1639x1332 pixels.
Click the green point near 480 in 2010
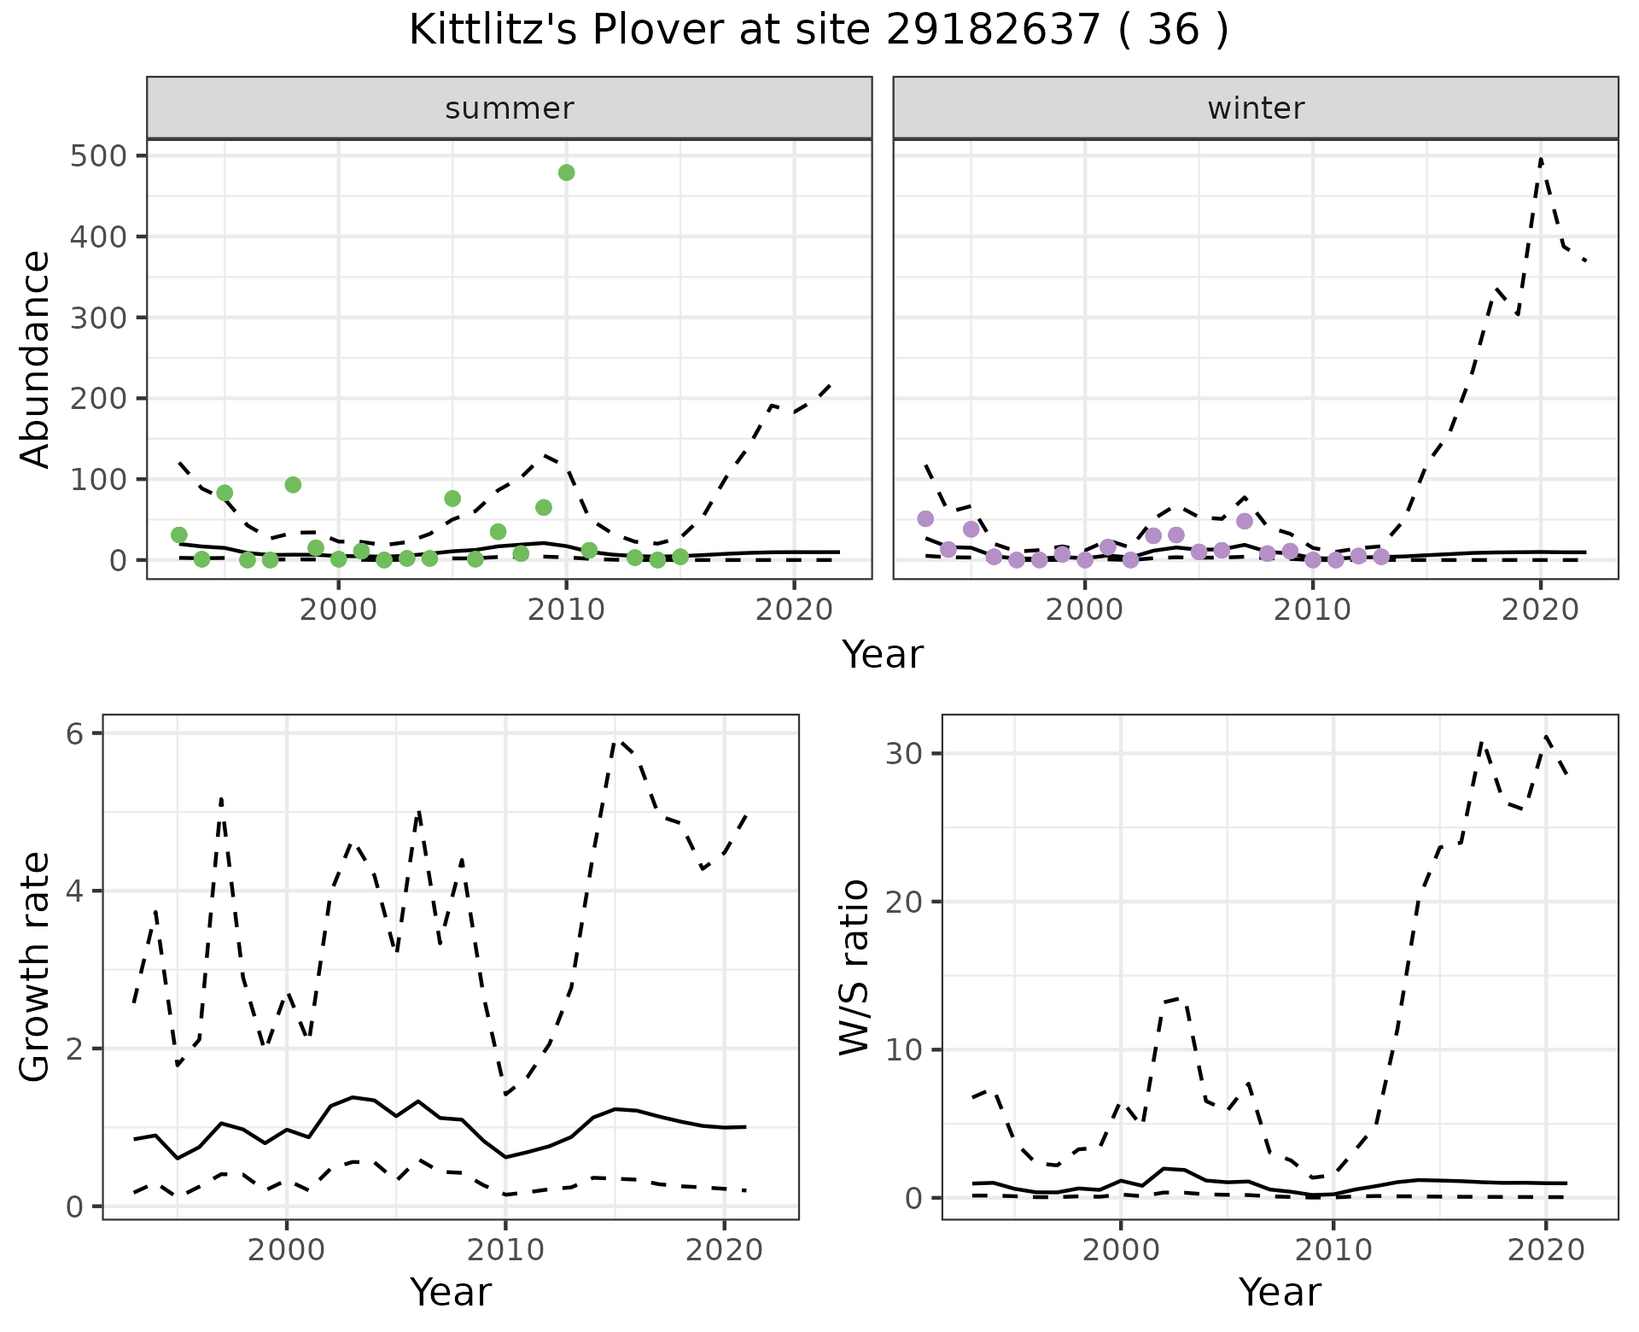(566, 172)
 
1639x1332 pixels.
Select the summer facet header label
(510, 108)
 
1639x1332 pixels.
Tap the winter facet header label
(1256, 108)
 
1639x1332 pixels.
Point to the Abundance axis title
(36, 359)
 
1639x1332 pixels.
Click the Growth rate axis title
(36, 967)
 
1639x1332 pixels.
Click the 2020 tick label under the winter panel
(1541, 610)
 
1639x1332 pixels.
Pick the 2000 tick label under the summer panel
(339, 610)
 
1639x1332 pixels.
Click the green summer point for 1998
(293, 485)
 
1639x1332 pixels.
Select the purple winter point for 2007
(1245, 521)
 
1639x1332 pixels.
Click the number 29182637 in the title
(994, 31)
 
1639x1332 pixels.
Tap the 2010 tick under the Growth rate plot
(505, 1251)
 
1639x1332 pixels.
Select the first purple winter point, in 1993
(925, 519)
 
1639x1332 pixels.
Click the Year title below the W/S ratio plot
(1280, 1292)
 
